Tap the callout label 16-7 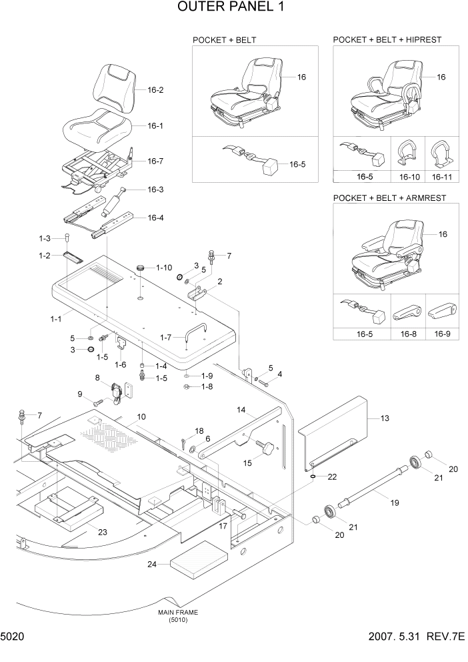coord(155,161)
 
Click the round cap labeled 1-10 coord(141,268)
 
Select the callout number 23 coord(102,532)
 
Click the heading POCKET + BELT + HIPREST coord(387,40)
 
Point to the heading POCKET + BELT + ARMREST coord(389,198)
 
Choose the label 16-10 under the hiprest coord(409,178)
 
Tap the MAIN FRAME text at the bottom coord(177,612)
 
